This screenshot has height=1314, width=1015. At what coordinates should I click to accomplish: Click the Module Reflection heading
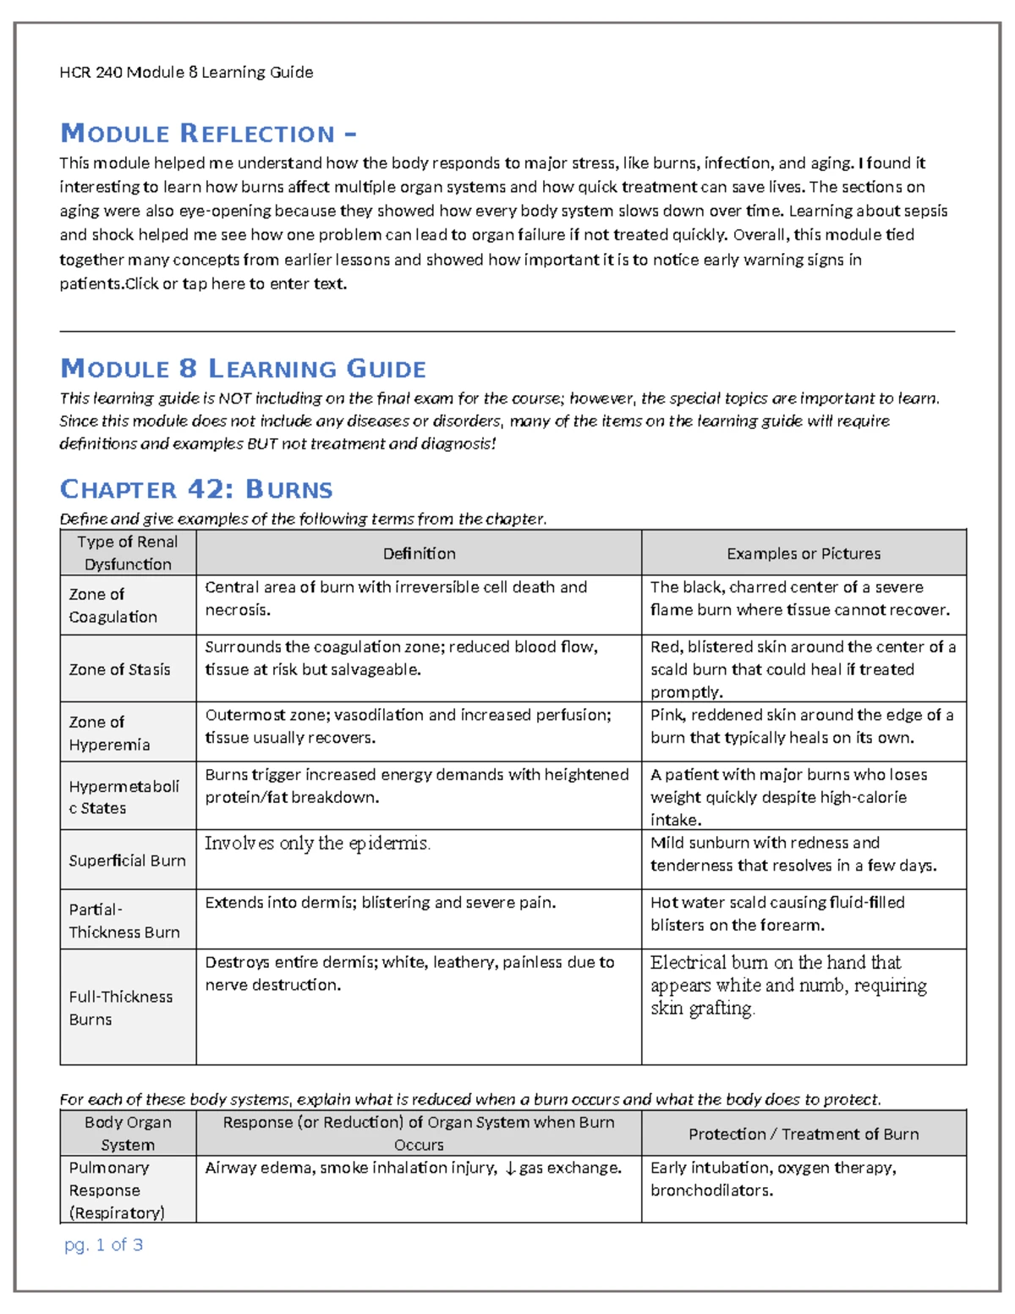point(208,134)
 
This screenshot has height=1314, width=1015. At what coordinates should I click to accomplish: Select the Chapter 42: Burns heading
point(196,489)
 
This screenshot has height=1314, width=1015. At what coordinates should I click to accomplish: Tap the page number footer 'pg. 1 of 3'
point(103,1245)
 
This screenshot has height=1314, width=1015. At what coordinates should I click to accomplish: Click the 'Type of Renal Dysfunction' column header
point(128,553)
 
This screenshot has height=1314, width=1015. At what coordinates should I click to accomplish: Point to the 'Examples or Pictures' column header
point(804,553)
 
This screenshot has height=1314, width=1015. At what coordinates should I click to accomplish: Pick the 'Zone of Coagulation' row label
point(112,605)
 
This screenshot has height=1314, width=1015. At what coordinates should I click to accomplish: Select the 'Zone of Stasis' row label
point(119,669)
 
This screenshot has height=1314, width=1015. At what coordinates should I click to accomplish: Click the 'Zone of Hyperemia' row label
point(109,733)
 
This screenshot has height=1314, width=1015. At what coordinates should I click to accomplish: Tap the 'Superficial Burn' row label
point(127,860)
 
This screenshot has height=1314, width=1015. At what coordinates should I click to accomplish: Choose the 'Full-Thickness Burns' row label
point(120,1008)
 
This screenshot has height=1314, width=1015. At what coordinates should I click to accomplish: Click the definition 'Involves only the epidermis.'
point(317,843)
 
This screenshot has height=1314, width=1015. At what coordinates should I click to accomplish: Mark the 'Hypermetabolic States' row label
point(123,797)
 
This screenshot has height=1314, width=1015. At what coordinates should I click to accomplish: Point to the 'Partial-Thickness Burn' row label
point(123,921)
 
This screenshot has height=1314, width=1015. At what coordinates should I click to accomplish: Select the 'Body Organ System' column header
point(128,1133)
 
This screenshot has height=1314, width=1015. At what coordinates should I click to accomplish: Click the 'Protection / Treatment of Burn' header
point(804,1134)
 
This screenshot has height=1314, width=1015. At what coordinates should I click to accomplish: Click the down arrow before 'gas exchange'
point(509,1168)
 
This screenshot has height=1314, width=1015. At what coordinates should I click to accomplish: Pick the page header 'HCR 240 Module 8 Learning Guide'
point(186,73)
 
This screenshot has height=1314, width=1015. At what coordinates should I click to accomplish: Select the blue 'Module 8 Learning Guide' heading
point(243,369)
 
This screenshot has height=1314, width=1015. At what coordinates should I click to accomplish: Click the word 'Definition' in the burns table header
point(419,553)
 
